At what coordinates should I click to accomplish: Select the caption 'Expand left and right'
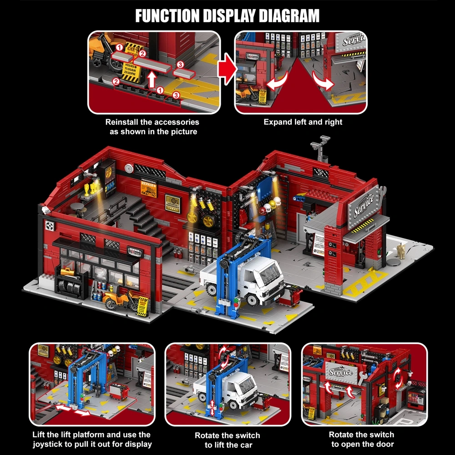(303, 122)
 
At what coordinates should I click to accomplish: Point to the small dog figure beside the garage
(401, 250)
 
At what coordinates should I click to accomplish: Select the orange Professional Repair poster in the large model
(149, 188)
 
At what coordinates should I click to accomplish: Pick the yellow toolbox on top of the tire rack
(66, 272)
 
